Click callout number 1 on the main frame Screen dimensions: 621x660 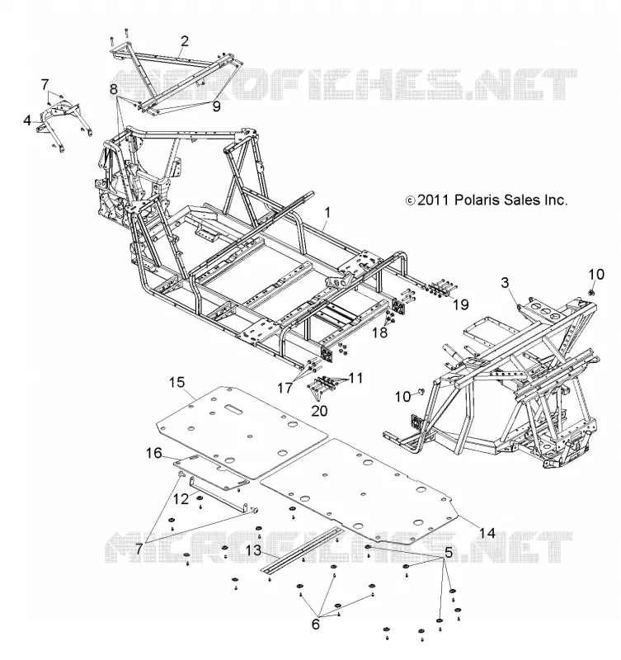327,213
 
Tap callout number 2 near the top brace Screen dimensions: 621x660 184,41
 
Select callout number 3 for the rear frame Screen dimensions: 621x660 505,282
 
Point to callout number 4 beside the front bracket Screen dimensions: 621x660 27,120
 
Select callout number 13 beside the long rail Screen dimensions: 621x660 253,550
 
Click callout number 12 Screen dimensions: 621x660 181,499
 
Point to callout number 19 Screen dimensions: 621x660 460,304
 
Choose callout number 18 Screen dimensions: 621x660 379,332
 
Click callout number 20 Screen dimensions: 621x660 319,410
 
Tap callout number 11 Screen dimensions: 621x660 355,378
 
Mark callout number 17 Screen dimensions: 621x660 285,387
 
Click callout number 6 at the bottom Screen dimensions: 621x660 316,624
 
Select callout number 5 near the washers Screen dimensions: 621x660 449,552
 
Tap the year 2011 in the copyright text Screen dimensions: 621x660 433,200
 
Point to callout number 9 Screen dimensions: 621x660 216,106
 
